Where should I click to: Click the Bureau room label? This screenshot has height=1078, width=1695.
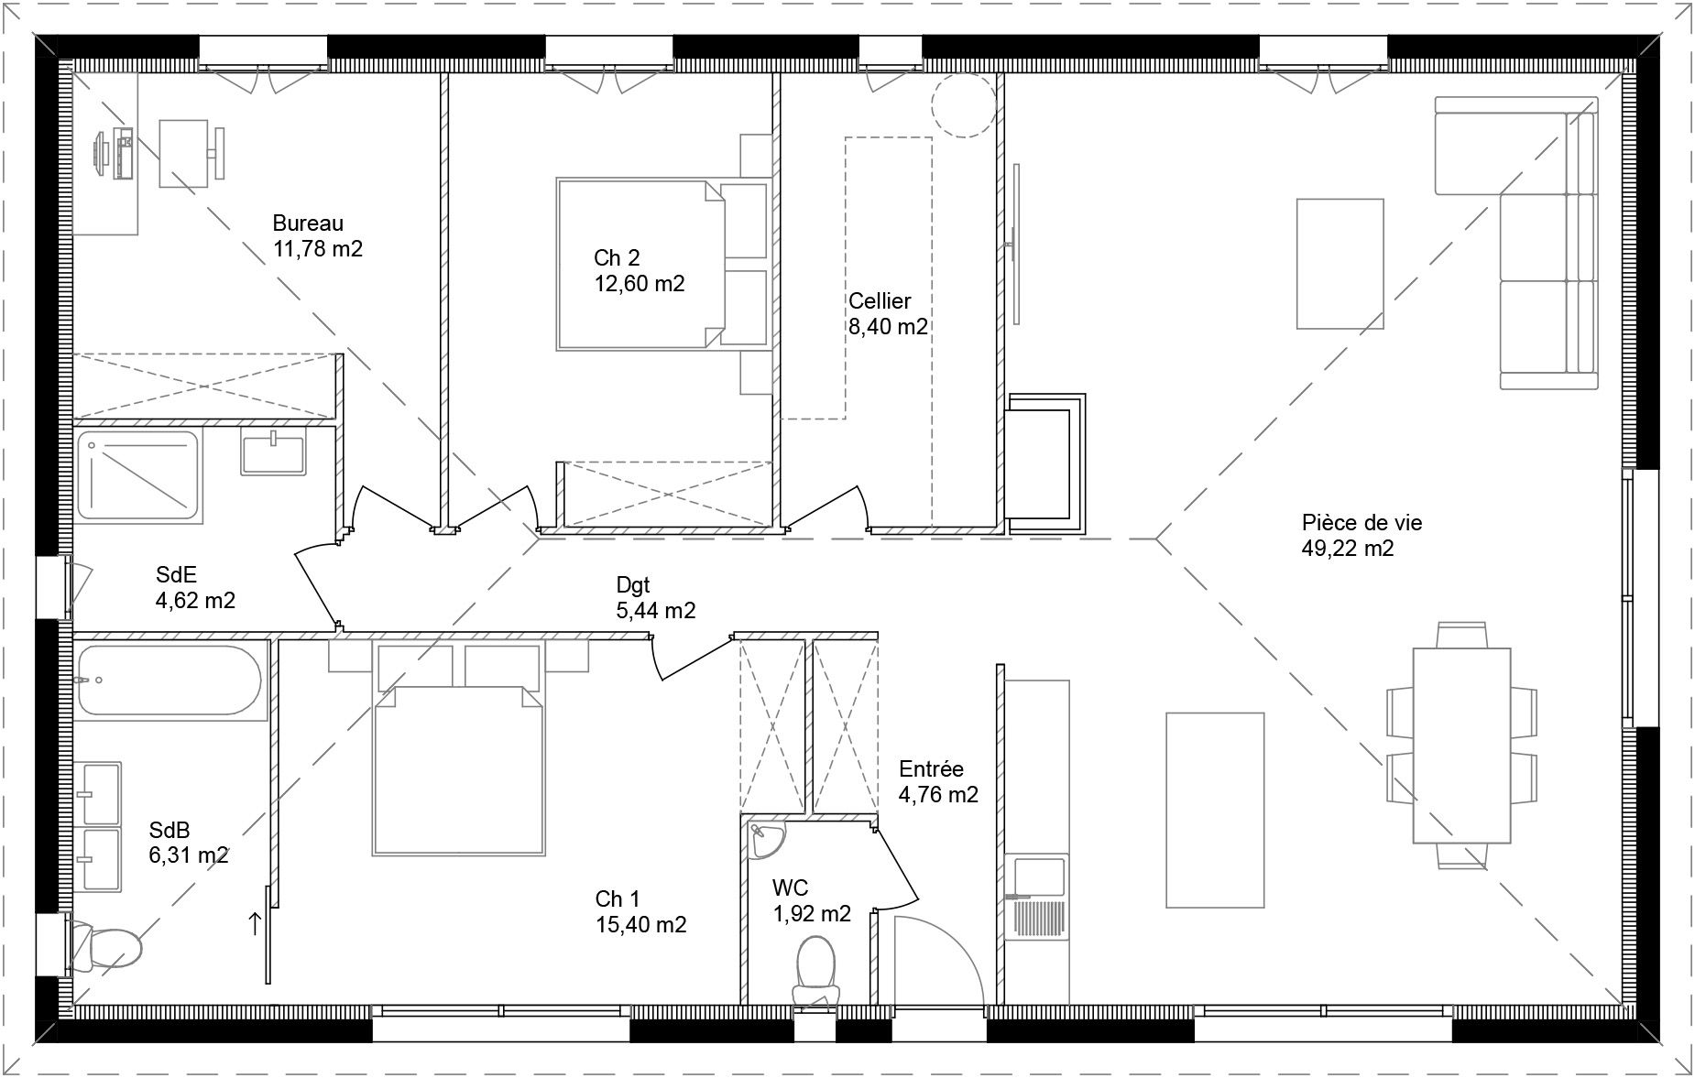[308, 223]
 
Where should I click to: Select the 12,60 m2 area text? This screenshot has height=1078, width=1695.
[639, 284]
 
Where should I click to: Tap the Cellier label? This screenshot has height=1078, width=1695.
[879, 301]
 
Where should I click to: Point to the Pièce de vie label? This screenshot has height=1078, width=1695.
[1361, 523]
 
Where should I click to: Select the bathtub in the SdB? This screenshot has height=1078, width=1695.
[169, 681]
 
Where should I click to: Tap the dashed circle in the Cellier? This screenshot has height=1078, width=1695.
[964, 105]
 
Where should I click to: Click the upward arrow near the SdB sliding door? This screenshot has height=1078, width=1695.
[254, 923]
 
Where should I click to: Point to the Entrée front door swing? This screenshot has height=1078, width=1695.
[935, 962]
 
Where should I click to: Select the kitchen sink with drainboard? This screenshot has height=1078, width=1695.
[1037, 898]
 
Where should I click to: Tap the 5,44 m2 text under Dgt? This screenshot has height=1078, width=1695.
[656, 611]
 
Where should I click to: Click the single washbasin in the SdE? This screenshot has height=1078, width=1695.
[272, 453]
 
